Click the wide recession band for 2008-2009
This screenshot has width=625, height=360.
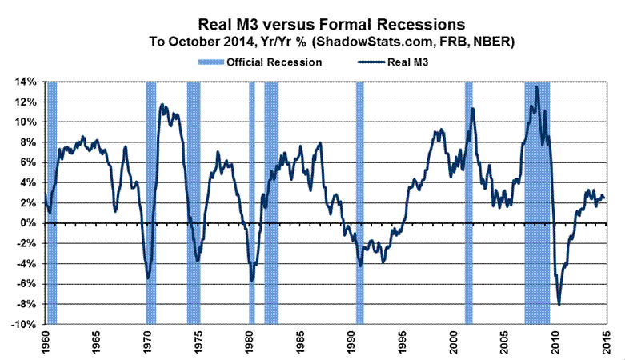[537, 200]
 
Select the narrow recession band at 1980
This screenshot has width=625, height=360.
[252, 200]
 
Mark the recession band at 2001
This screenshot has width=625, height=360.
[469, 200]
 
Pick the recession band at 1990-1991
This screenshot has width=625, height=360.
[360, 200]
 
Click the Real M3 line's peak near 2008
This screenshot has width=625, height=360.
[536, 86]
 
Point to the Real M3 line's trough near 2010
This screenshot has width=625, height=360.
[559, 306]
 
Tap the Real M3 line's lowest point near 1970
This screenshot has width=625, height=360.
[148, 278]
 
